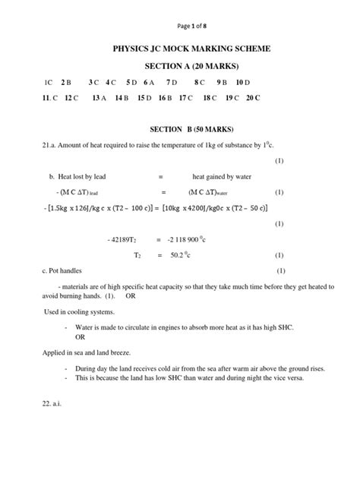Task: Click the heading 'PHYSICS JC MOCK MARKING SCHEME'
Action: click(180, 49)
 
